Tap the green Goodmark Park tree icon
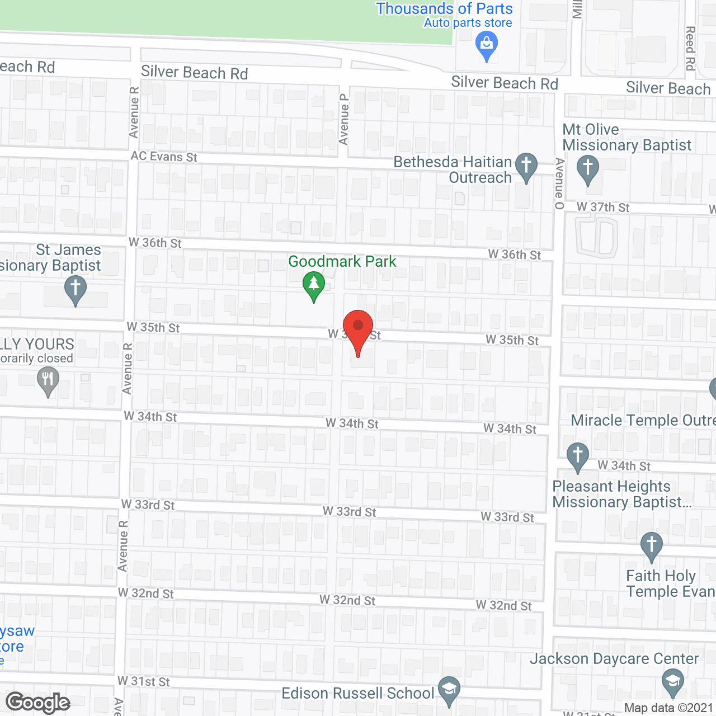pos(314,285)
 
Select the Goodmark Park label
pos(342,261)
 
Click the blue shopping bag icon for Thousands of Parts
pos(486,46)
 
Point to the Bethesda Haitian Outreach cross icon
pos(526,167)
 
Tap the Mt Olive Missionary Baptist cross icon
pos(587,169)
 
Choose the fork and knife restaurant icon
pos(48,382)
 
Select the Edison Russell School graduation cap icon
pos(449,691)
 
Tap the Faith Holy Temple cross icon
pos(651,547)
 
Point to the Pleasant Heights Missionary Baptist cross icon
pos(578,457)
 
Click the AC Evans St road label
pos(164,157)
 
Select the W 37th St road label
pos(603,207)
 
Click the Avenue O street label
pos(559,183)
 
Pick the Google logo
pos(38,703)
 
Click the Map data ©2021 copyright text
pos(668,708)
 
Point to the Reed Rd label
pos(690,48)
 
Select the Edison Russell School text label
pos(357,693)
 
